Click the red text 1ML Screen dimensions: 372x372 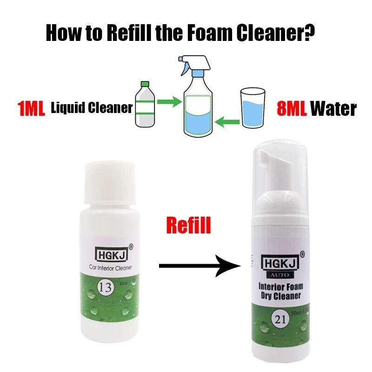pyautogui.click(x=31, y=108)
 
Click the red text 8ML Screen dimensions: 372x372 pyautogui.click(x=292, y=108)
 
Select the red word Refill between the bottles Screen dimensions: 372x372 pyautogui.click(x=188, y=225)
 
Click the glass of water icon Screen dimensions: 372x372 pyautogui.click(x=252, y=108)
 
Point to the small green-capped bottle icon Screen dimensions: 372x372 pyautogui.click(x=145, y=104)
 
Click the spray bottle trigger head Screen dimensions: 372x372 pyautogui.click(x=194, y=65)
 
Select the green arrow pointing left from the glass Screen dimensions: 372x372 pyautogui.click(x=227, y=122)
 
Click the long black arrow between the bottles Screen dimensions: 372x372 pyautogui.click(x=200, y=266)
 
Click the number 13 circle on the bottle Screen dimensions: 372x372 pyautogui.click(x=106, y=288)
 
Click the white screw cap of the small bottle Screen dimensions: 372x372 pyautogui.click(x=110, y=182)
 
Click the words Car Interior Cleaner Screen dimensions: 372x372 pyautogui.click(x=110, y=268)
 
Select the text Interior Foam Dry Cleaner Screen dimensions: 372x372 pyautogui.click(x=281, y=291)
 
